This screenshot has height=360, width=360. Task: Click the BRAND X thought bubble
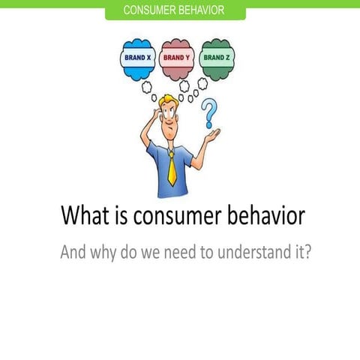coord(137,58)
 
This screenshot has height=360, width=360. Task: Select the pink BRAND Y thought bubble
coord(177,58)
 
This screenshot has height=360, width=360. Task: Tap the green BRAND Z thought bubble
coord(217,58)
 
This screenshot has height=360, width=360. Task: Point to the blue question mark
coord(209,114)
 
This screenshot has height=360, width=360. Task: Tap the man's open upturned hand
coord(211,136)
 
